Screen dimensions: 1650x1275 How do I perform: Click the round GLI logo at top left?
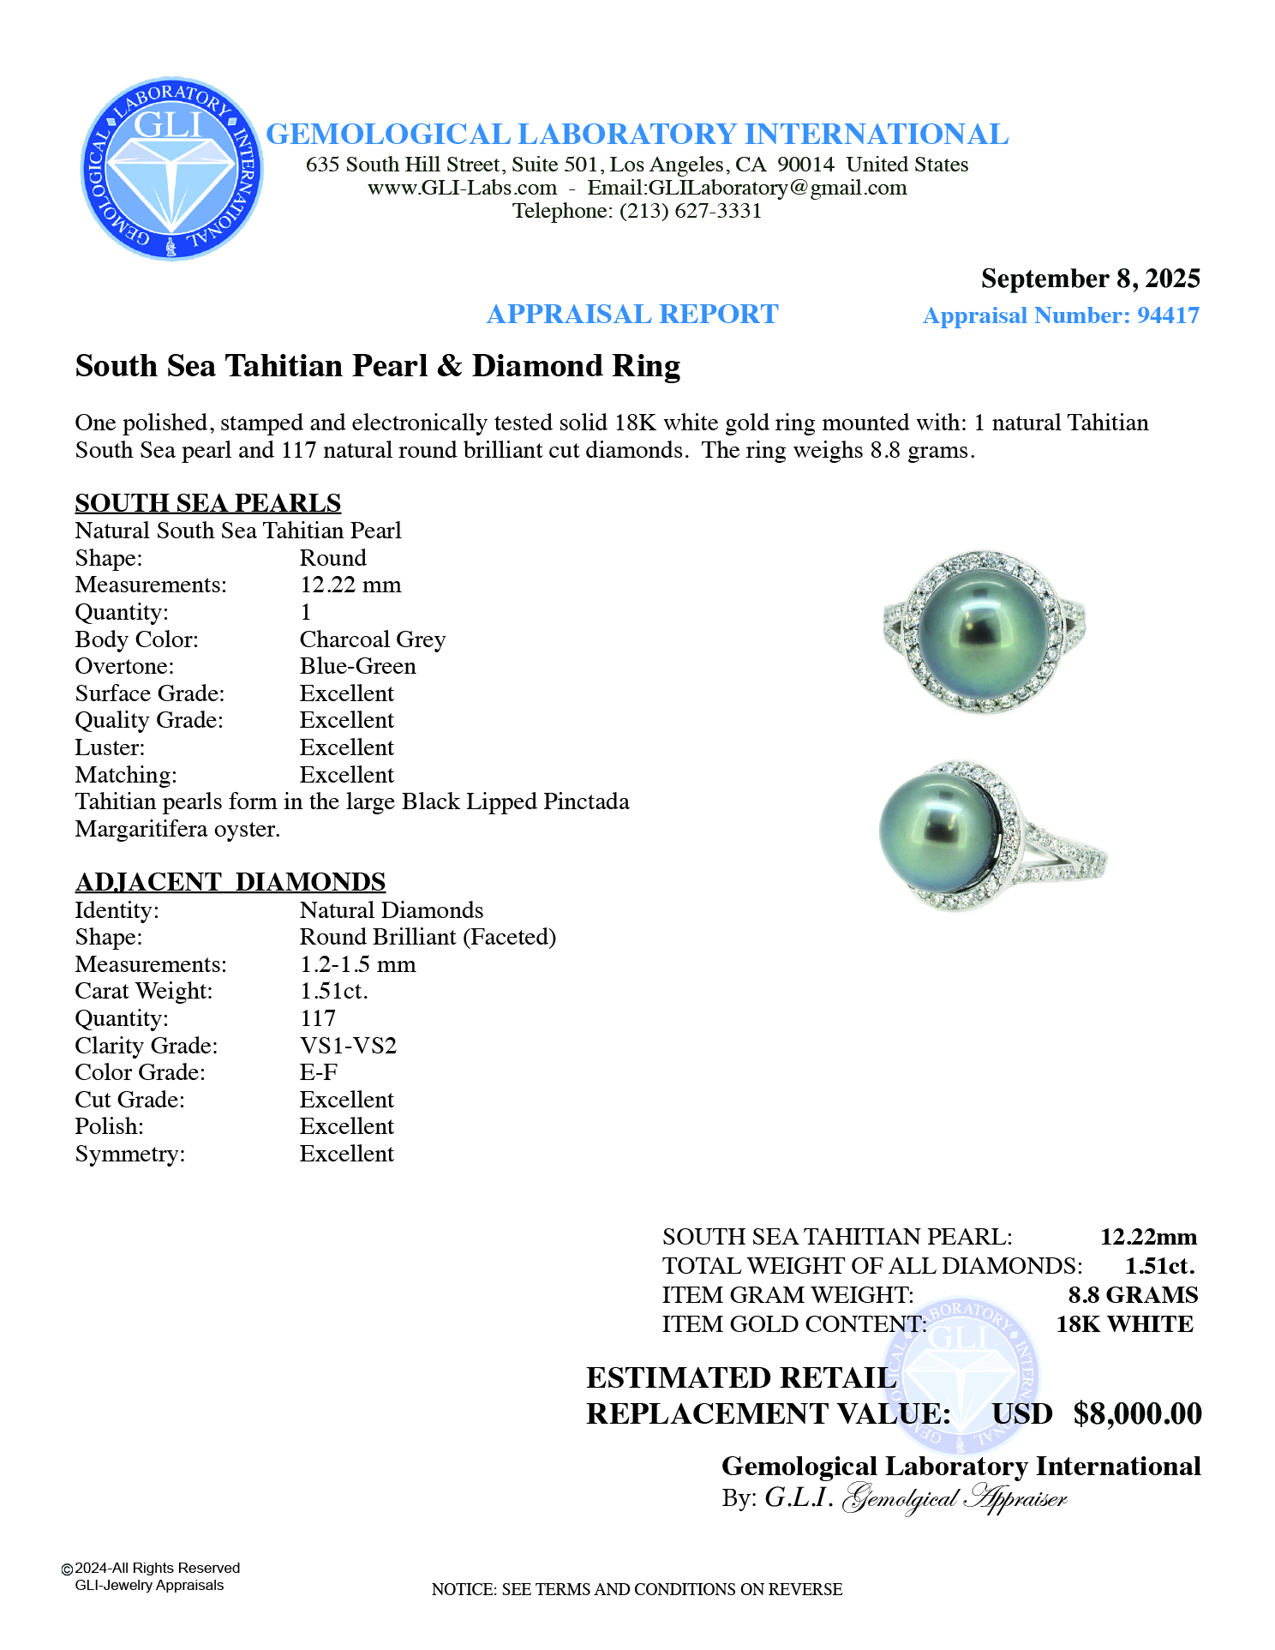point(171,169)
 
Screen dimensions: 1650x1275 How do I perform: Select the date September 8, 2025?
point(1090,279)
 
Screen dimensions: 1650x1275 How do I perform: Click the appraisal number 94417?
point(1168,315)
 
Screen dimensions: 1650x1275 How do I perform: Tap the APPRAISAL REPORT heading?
point(632,315)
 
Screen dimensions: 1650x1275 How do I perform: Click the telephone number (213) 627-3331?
point(691,211)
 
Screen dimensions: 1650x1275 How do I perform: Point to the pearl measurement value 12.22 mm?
point(350,585)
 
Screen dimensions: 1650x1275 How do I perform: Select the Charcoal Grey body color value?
point(372,639)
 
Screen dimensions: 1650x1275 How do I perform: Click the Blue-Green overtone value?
point(357,667)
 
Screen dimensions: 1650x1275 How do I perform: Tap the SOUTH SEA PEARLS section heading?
point(207,503)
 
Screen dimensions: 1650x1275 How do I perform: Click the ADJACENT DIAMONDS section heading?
point(230,882)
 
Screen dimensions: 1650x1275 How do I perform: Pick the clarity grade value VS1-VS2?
point(348,1046)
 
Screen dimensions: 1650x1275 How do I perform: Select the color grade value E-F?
point(318,1073)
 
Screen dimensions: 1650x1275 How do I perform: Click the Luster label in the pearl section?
point(110,748)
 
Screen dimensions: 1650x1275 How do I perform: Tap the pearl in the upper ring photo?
point(984,634)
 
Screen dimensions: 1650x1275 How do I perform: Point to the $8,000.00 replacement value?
point(1137,1413)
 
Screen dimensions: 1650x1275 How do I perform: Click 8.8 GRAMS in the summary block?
point(1132,1295)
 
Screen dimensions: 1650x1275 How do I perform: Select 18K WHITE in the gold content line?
point(1123,1324)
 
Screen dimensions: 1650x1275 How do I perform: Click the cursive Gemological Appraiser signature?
point(955,1498)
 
